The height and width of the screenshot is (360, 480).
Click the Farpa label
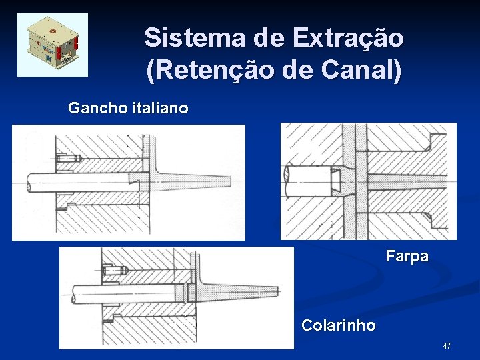(407, 256)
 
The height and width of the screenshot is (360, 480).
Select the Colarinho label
(338, 325)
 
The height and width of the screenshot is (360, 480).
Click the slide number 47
(446, 345)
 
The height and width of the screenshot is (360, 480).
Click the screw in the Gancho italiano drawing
(69, 159)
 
